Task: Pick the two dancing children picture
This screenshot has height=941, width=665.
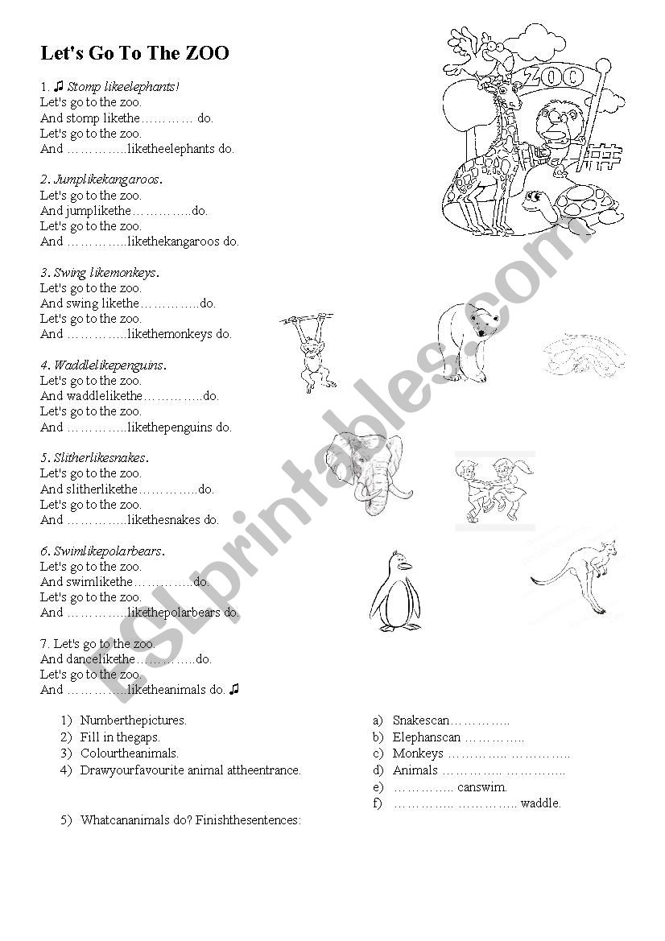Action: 494,490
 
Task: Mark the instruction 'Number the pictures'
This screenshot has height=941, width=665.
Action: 133,720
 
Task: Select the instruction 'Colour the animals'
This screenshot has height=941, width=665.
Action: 129,753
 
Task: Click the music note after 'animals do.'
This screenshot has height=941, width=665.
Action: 234,689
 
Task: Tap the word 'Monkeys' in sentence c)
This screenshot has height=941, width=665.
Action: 418,753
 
